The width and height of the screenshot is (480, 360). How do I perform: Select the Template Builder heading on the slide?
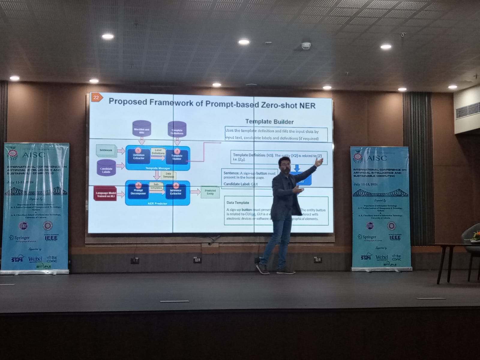(x=269, y=121)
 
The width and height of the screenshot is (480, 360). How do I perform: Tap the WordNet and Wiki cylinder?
(x=141, y=129)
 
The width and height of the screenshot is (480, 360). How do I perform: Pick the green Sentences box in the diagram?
(x=106, y=150)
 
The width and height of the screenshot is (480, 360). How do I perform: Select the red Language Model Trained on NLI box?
(x=106, y=194)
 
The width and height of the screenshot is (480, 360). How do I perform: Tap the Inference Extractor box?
(x=176, y=191)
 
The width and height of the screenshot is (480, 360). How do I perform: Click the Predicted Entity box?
(x=210, y=192)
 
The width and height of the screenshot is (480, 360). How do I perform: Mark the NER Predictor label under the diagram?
(x=157, y=203)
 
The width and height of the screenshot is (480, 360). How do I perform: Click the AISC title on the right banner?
(x=377, y=158)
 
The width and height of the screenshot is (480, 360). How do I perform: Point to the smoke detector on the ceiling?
(x=306, y=46)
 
